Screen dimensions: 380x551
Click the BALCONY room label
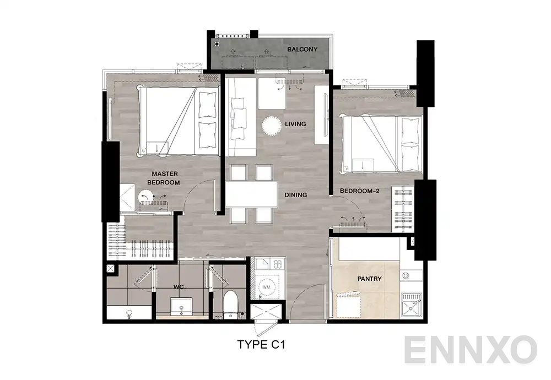pyautogui.click(x=302, y=50)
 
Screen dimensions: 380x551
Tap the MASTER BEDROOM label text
pyautogui.click(x=165, y=178)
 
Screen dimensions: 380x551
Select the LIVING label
pyautogui.click(x=295, y=124)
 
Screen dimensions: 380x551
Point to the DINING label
pyautogui.click(x=296, y=195)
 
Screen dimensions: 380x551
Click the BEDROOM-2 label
pyautogui.click(x=358, y=191)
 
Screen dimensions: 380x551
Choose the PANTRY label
pyautogui.click(x=369, y=279)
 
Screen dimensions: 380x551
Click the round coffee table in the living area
pyautogui.click(x=271, y=126)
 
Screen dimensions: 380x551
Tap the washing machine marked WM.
pyautogui.click(x=268, y=286)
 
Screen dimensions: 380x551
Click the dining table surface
pyautogui.click(x=251, y=194)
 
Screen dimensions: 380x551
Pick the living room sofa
pyautogui.click(x=240, y=116)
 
